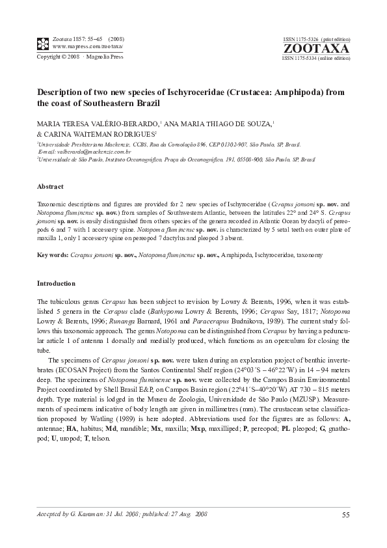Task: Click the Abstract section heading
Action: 50,187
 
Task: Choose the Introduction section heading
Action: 56,284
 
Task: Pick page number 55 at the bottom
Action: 345,515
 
